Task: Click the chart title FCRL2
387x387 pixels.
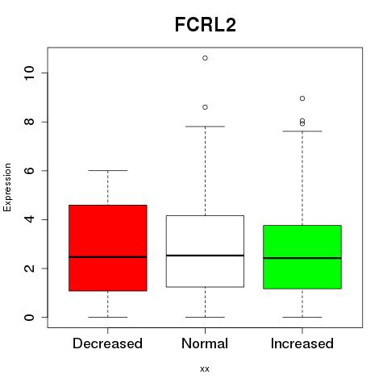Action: pos(206,25)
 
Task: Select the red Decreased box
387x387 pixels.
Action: pos(108,248)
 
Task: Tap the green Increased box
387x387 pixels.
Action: pos(302,257)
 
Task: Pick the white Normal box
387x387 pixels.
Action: pos(205,251)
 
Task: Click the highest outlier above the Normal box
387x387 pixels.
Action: pos(205,58)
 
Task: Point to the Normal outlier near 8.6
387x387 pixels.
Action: pos(205,107)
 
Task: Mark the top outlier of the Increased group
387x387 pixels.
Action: pos(302,98)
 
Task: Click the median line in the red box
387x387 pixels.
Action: pos(108,257)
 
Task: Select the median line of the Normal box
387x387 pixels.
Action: pos(205,256)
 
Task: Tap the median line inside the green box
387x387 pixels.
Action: pos(302,258)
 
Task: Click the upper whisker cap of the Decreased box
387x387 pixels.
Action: pos(108,170)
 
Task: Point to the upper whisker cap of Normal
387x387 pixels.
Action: pos(205,127)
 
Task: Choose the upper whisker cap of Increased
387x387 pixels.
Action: pos(302,131)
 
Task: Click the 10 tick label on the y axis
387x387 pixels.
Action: pos(29,73)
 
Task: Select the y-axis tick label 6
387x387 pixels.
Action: pos(29,170)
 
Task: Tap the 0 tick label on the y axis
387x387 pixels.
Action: pos(29,317)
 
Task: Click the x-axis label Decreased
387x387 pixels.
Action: pos(107,343)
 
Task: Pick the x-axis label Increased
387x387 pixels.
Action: pos(302,343)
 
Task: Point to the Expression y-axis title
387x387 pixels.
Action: pos(7,187)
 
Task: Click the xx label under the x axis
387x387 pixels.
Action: pos(205,369)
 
